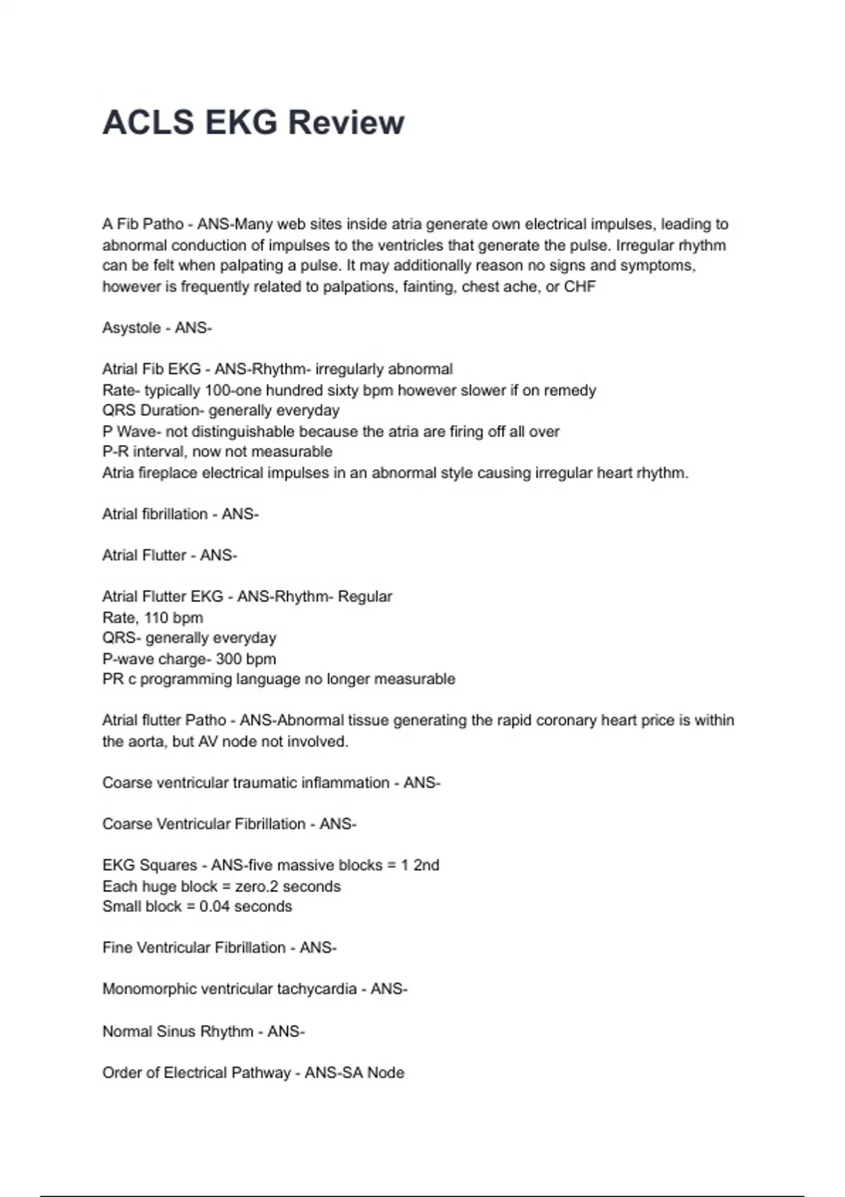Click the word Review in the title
tap(346, 123)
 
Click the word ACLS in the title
tap(148, 123)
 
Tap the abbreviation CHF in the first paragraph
tap(580, 287)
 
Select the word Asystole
tap(132, 328)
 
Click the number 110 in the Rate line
tap(156, 618)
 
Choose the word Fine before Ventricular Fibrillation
tap(117, 948)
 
